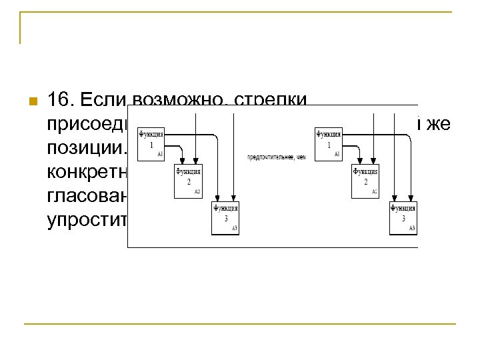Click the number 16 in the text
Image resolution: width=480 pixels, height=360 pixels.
pyautogui.click(x=61, y=100)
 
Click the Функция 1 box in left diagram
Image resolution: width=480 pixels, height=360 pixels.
pyautogui.click(x=150, y=144)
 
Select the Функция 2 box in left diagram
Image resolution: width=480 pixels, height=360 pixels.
pyautogui.click(x=188, y=181)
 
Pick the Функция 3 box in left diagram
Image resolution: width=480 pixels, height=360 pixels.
pyautogui.click(x=225, y=218)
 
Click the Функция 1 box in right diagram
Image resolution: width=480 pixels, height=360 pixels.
pyautogui.click(x=327, y=144)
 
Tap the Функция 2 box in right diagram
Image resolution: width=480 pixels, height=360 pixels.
pyautogui.click(x=365, y=181)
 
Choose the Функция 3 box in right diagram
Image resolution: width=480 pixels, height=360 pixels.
pyautogui.click(x=403, y=218)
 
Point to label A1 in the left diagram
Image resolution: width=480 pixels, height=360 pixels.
pyautogui.click(x=160, y=155)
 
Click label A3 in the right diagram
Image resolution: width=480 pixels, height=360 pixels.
pyautogui.click(x=412, y=229)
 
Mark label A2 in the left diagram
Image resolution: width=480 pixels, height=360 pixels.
pyautogui.click(x=197, y=193)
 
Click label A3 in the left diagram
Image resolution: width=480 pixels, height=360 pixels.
pyautogui.click(x=235, y=229)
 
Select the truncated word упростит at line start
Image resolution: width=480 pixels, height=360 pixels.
pyautogui.click(x=87, y=220)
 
